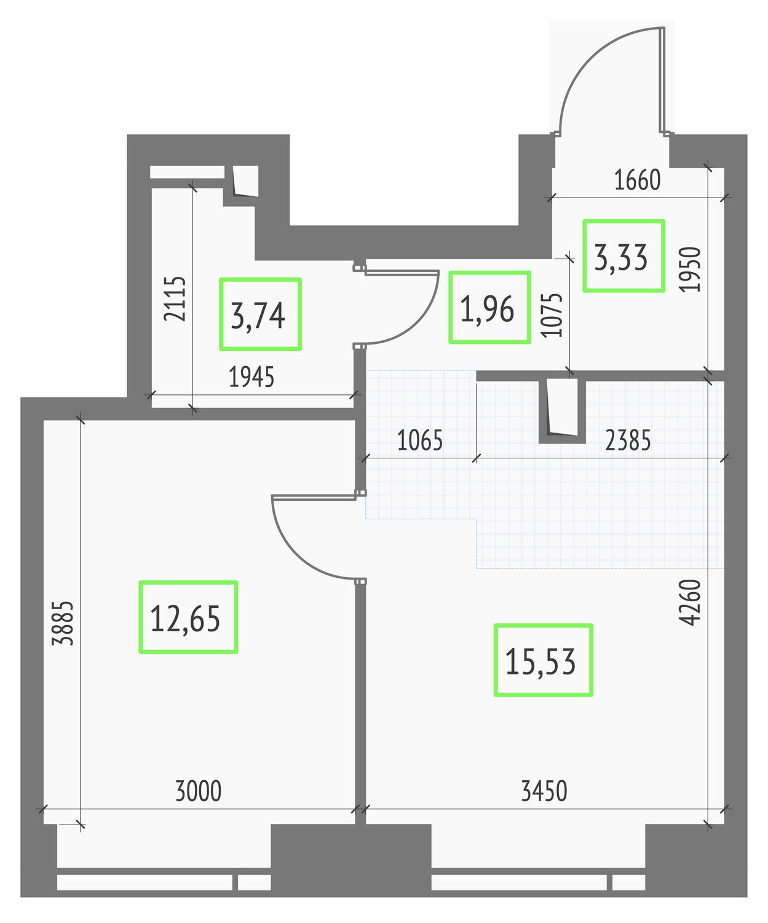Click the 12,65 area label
[x=185, y=619]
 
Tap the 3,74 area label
[x=258, y=316]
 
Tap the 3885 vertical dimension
[x=62, y=624]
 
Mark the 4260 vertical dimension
[x=691, y=602]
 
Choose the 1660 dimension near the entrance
[x=637, y=180]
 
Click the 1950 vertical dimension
[x=691, y=270]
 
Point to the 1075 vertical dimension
[x=552, y=315]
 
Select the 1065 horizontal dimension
[x=420, y=441]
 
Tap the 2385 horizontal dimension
[x=627, y=441]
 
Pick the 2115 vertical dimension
[x=175, y=299]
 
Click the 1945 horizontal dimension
[x=251, y=377]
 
